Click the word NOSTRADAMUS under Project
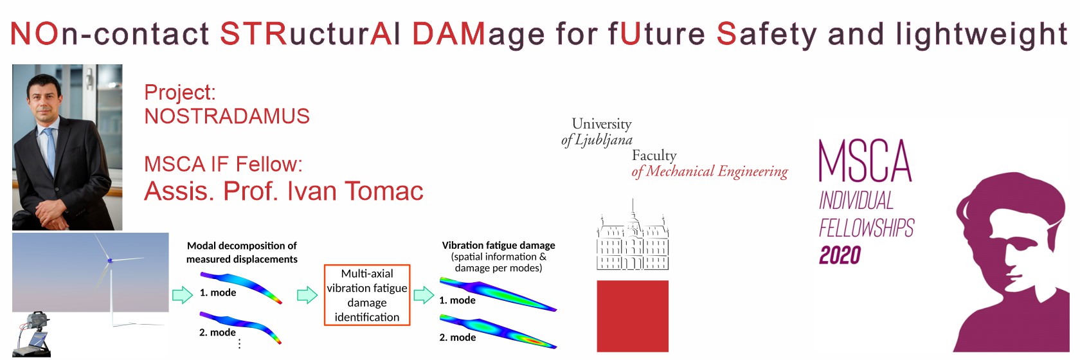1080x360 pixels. click(x=226, y=116)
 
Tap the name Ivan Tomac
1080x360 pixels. click(x=355, y=191)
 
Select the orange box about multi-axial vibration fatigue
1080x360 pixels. click(x=367, y=295)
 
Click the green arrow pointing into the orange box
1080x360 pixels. click(x=307, y=294)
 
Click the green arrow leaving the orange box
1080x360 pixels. click(x=424, y=294)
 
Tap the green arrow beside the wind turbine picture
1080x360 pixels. click(x=183, y=294)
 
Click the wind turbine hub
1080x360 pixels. click(x=110, y=261)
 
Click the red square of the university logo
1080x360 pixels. click(x=633, y=316)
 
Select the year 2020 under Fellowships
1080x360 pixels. click(x=840, y=255)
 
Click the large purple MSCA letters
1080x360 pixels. click(x=865, y=161)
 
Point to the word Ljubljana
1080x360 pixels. click(x=604, y=140)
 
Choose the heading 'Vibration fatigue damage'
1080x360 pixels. click(x=499, y=246)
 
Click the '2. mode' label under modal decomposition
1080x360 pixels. click(x=217, y=332)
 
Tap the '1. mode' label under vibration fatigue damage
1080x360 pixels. click(x=457, y=300)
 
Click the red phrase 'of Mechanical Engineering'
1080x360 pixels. click(x=710, y=172)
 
